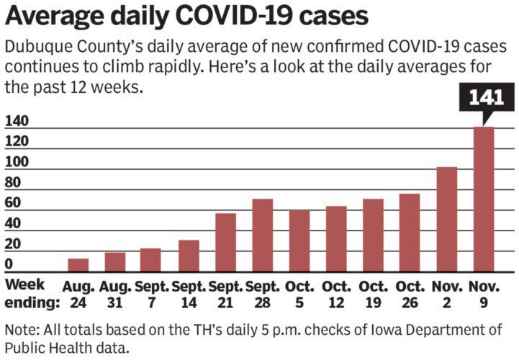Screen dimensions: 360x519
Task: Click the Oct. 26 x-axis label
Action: tap(410, 294)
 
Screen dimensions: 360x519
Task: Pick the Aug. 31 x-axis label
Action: tap(115, 294)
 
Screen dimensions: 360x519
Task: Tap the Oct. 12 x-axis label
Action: tap(336, 294)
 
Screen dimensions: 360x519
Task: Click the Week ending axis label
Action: tap(30, 294)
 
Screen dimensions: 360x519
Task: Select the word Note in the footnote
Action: tap(19, 330)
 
